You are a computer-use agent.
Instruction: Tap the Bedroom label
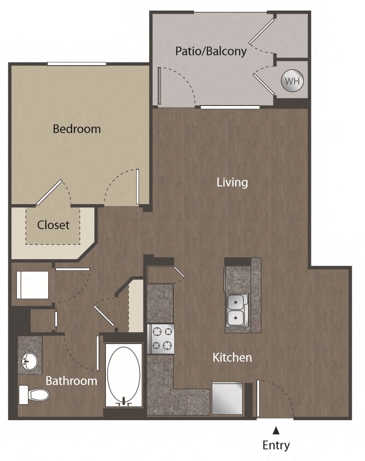77,129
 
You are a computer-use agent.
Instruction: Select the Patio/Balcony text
211,51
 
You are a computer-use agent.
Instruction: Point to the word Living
232,183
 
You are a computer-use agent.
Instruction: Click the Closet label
53,225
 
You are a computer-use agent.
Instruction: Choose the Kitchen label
232,357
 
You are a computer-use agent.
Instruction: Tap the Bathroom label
72,380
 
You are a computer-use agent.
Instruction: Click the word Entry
276,445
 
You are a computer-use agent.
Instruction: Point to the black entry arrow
276,430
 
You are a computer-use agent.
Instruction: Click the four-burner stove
161,339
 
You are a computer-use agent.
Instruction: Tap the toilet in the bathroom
34,395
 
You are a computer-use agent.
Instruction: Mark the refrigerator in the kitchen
227,398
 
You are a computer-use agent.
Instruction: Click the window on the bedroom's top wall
77,64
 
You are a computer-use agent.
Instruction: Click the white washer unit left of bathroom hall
33,285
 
